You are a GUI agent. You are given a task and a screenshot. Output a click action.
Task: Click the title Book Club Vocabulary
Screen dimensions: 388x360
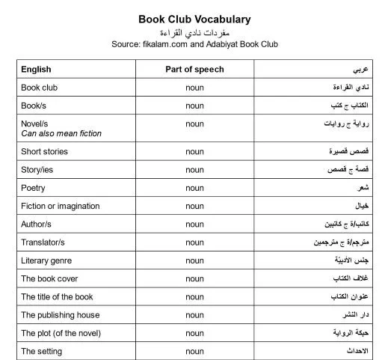pos(194,19)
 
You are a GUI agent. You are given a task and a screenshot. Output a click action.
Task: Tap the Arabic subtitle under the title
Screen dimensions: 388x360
pos(194,32)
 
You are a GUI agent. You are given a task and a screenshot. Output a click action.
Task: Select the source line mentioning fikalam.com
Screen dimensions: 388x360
pos(194,44)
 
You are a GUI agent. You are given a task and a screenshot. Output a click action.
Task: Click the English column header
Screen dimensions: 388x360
pos(36,70)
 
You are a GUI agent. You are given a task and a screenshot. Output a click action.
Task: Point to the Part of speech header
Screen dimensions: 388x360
pos(194,70)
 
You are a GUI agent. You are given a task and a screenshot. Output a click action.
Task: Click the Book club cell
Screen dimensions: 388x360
pos(39,88)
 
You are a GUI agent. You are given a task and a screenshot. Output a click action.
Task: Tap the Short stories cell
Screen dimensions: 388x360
pos(44,151)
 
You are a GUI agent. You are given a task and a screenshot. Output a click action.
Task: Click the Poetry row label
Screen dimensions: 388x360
pos(33,188)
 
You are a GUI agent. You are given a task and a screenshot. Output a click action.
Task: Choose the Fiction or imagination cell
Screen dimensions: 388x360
pos(60,206)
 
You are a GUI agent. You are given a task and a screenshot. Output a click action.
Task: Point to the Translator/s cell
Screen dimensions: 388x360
pos(43,242)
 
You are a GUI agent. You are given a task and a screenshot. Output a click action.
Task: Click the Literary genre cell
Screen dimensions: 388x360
pos(46,260)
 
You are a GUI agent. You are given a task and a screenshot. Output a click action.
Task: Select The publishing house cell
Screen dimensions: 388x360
pos(60,315)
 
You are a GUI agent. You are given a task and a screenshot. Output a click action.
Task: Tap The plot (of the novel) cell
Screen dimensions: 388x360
pos(61,333)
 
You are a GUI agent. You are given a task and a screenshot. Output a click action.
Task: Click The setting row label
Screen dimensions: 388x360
pos(41,351)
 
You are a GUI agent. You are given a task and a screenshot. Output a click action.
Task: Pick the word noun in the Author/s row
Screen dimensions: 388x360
pos(194,225)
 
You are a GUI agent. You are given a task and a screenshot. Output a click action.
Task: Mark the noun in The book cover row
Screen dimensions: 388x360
pos(194,278)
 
